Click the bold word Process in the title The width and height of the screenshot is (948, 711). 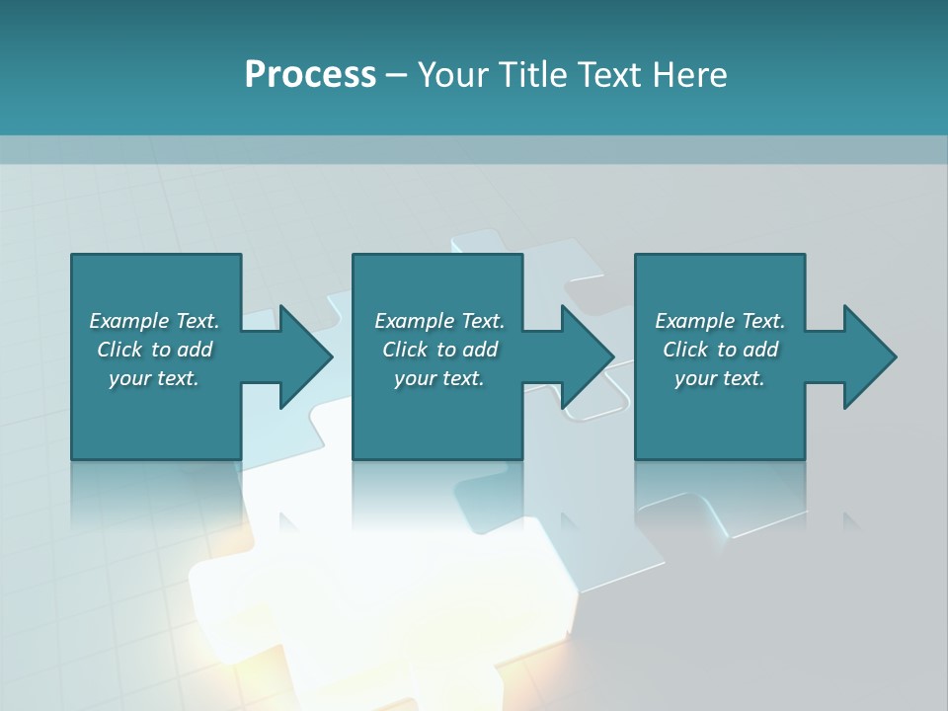pyautogui.click(x=310, y=75)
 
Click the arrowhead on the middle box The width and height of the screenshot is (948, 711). pyautogui.click(x=587, y=356)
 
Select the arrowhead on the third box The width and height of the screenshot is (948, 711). pyautogui.click(x=869, y=356)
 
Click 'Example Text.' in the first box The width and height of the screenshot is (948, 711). pyautogui.click(x=154, y=321)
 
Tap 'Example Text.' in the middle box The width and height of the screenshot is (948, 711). pyautogui.click(x=439, y=321)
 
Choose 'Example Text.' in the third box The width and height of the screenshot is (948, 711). pyautogui.click(x=720, y=321)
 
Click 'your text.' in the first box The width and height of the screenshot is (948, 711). pyautogui.click(x=154, y=378)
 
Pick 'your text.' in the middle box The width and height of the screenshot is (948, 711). pyautogui.click(x=439, y=378)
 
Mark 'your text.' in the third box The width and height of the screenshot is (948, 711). pyautogui.click(x=720, y=378)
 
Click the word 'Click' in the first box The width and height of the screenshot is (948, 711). pyautogui.click(x=119, y=350)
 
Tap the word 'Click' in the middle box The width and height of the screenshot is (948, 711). pyautogui.click(x=405, y=350)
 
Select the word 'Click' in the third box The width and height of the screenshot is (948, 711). pyautogui.click(x=685, y=350)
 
